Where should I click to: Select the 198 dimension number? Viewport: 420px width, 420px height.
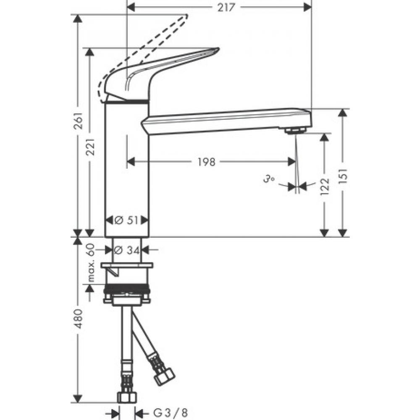(x=206, y=161)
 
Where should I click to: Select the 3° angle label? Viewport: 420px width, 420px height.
(x=269, y=179)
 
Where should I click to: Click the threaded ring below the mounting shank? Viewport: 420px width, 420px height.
(x=126, y=290)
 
